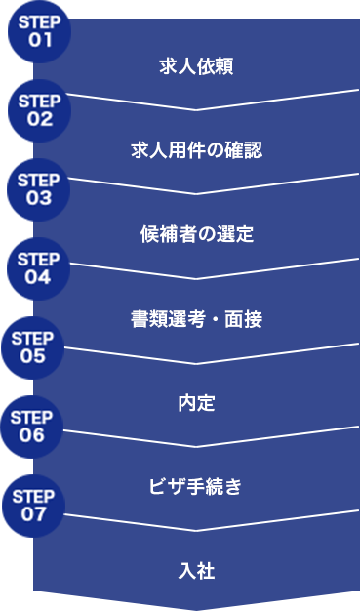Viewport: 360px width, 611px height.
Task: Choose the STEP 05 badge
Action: tap(33, 346)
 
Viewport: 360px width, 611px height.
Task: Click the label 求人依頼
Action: tap(196, 66)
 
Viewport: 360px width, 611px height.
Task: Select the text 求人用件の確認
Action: tap(196, 150)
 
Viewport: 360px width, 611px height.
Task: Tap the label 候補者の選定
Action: tap(196, 234)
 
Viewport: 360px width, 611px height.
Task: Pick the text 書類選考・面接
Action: tap(196, 318)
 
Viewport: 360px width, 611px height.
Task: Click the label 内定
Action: tap(196, 402)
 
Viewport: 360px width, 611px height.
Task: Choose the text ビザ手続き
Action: tap(196, 486)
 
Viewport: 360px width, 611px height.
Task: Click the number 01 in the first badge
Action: tap(40, 40)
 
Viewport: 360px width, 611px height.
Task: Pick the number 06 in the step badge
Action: tap(32, 435)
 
